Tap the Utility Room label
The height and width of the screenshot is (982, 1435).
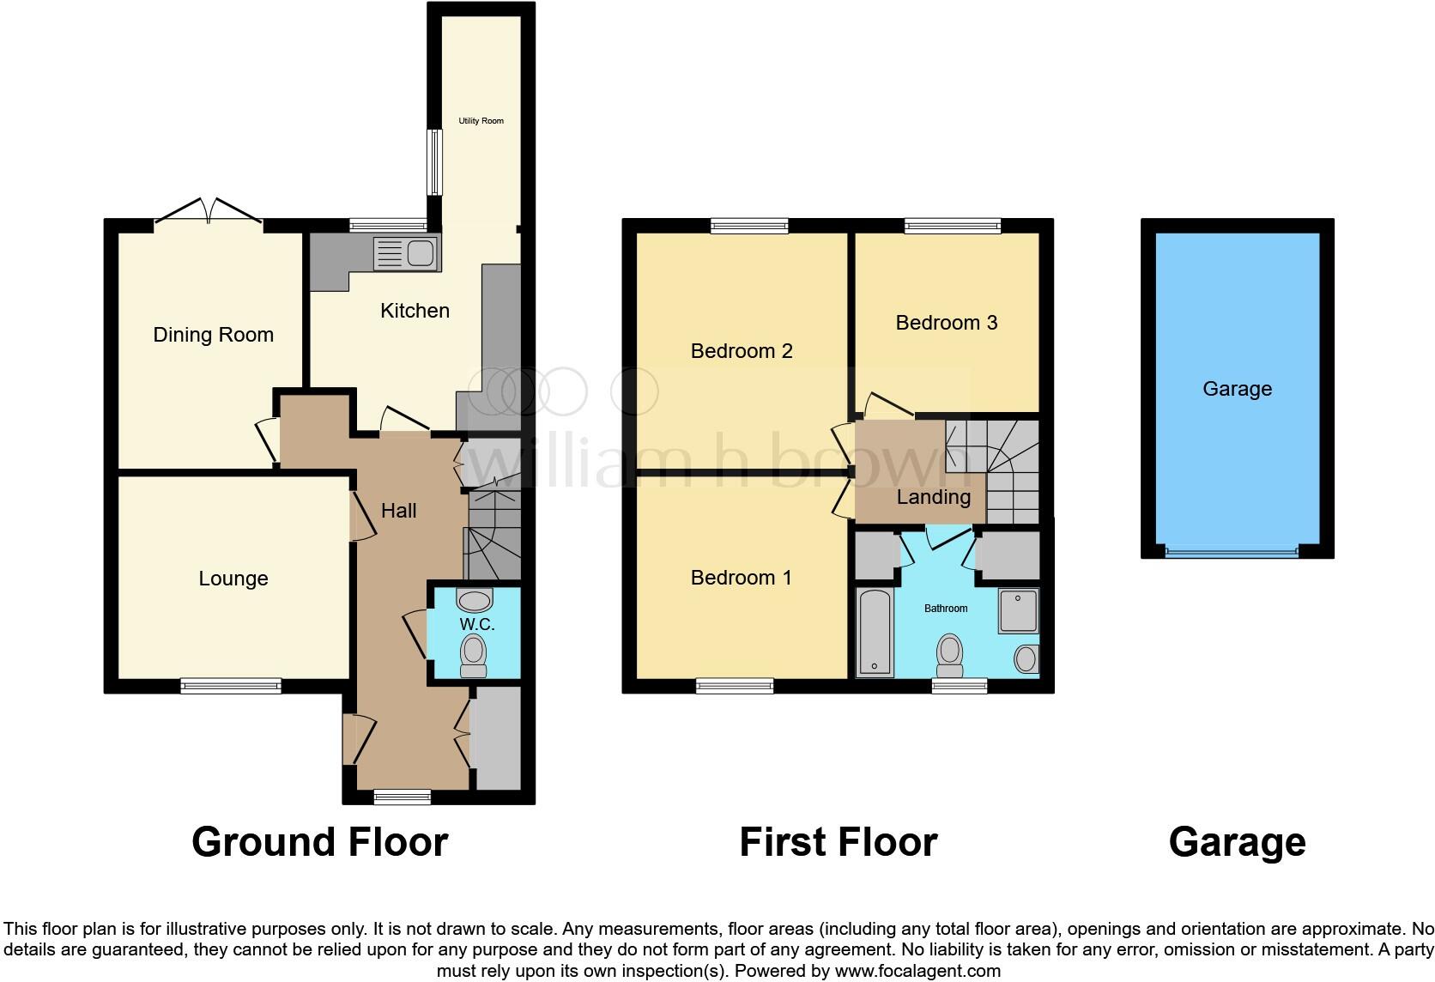coord(481,121)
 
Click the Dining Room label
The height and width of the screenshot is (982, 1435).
coord(213,335)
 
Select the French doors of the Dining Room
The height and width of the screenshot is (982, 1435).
coord(209,211)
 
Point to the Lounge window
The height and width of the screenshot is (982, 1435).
coord(231,685)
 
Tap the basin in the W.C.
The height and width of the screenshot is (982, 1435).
coord(475,600)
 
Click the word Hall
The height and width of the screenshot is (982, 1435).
coord(398,511)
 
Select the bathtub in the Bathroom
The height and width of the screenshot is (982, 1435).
coord(875,633)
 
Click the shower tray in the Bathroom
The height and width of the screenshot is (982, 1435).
coord(1018,611)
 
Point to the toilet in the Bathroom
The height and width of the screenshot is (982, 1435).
coord(949,655)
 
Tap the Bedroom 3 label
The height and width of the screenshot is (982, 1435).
coord(946,323)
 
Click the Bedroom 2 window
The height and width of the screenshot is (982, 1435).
coord(749,226)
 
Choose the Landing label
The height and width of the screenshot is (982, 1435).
coord(934,497)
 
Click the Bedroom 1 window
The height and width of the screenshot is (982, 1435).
coord(734,685)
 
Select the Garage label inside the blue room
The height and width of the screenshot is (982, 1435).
coord(1237,389)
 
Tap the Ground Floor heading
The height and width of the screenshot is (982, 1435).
coord(319,842)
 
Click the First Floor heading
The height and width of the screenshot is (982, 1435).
coord(838,842)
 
